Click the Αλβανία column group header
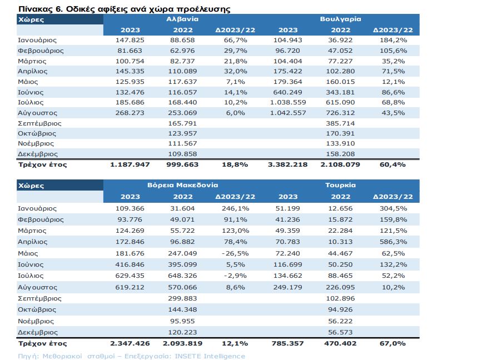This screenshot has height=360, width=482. point(182,19)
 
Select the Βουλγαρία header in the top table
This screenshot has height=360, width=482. point(340,19)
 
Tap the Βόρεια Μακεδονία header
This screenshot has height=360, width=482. point(182,185)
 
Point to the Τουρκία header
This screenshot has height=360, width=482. point(340,185)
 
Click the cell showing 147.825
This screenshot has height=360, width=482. point(130,40)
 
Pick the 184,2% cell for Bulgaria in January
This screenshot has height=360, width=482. point(393,40)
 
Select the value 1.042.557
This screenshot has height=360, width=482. point(288,113)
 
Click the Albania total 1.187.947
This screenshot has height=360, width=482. point(130,164)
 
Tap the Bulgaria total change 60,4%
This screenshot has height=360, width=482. point(392,164)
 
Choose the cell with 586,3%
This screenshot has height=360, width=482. point(393,242)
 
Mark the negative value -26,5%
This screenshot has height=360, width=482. point(235,254)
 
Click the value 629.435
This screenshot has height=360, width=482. point(130,276)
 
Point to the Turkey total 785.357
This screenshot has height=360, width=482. point(288,344)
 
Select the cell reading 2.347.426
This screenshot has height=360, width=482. point(130,344)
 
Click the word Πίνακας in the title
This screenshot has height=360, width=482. point(36,9)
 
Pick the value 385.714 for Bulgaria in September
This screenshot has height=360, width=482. point(340,123)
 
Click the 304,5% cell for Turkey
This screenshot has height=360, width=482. point(393,208)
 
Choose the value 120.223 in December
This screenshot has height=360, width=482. point(182,332)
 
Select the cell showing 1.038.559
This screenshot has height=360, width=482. point(288,103)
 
